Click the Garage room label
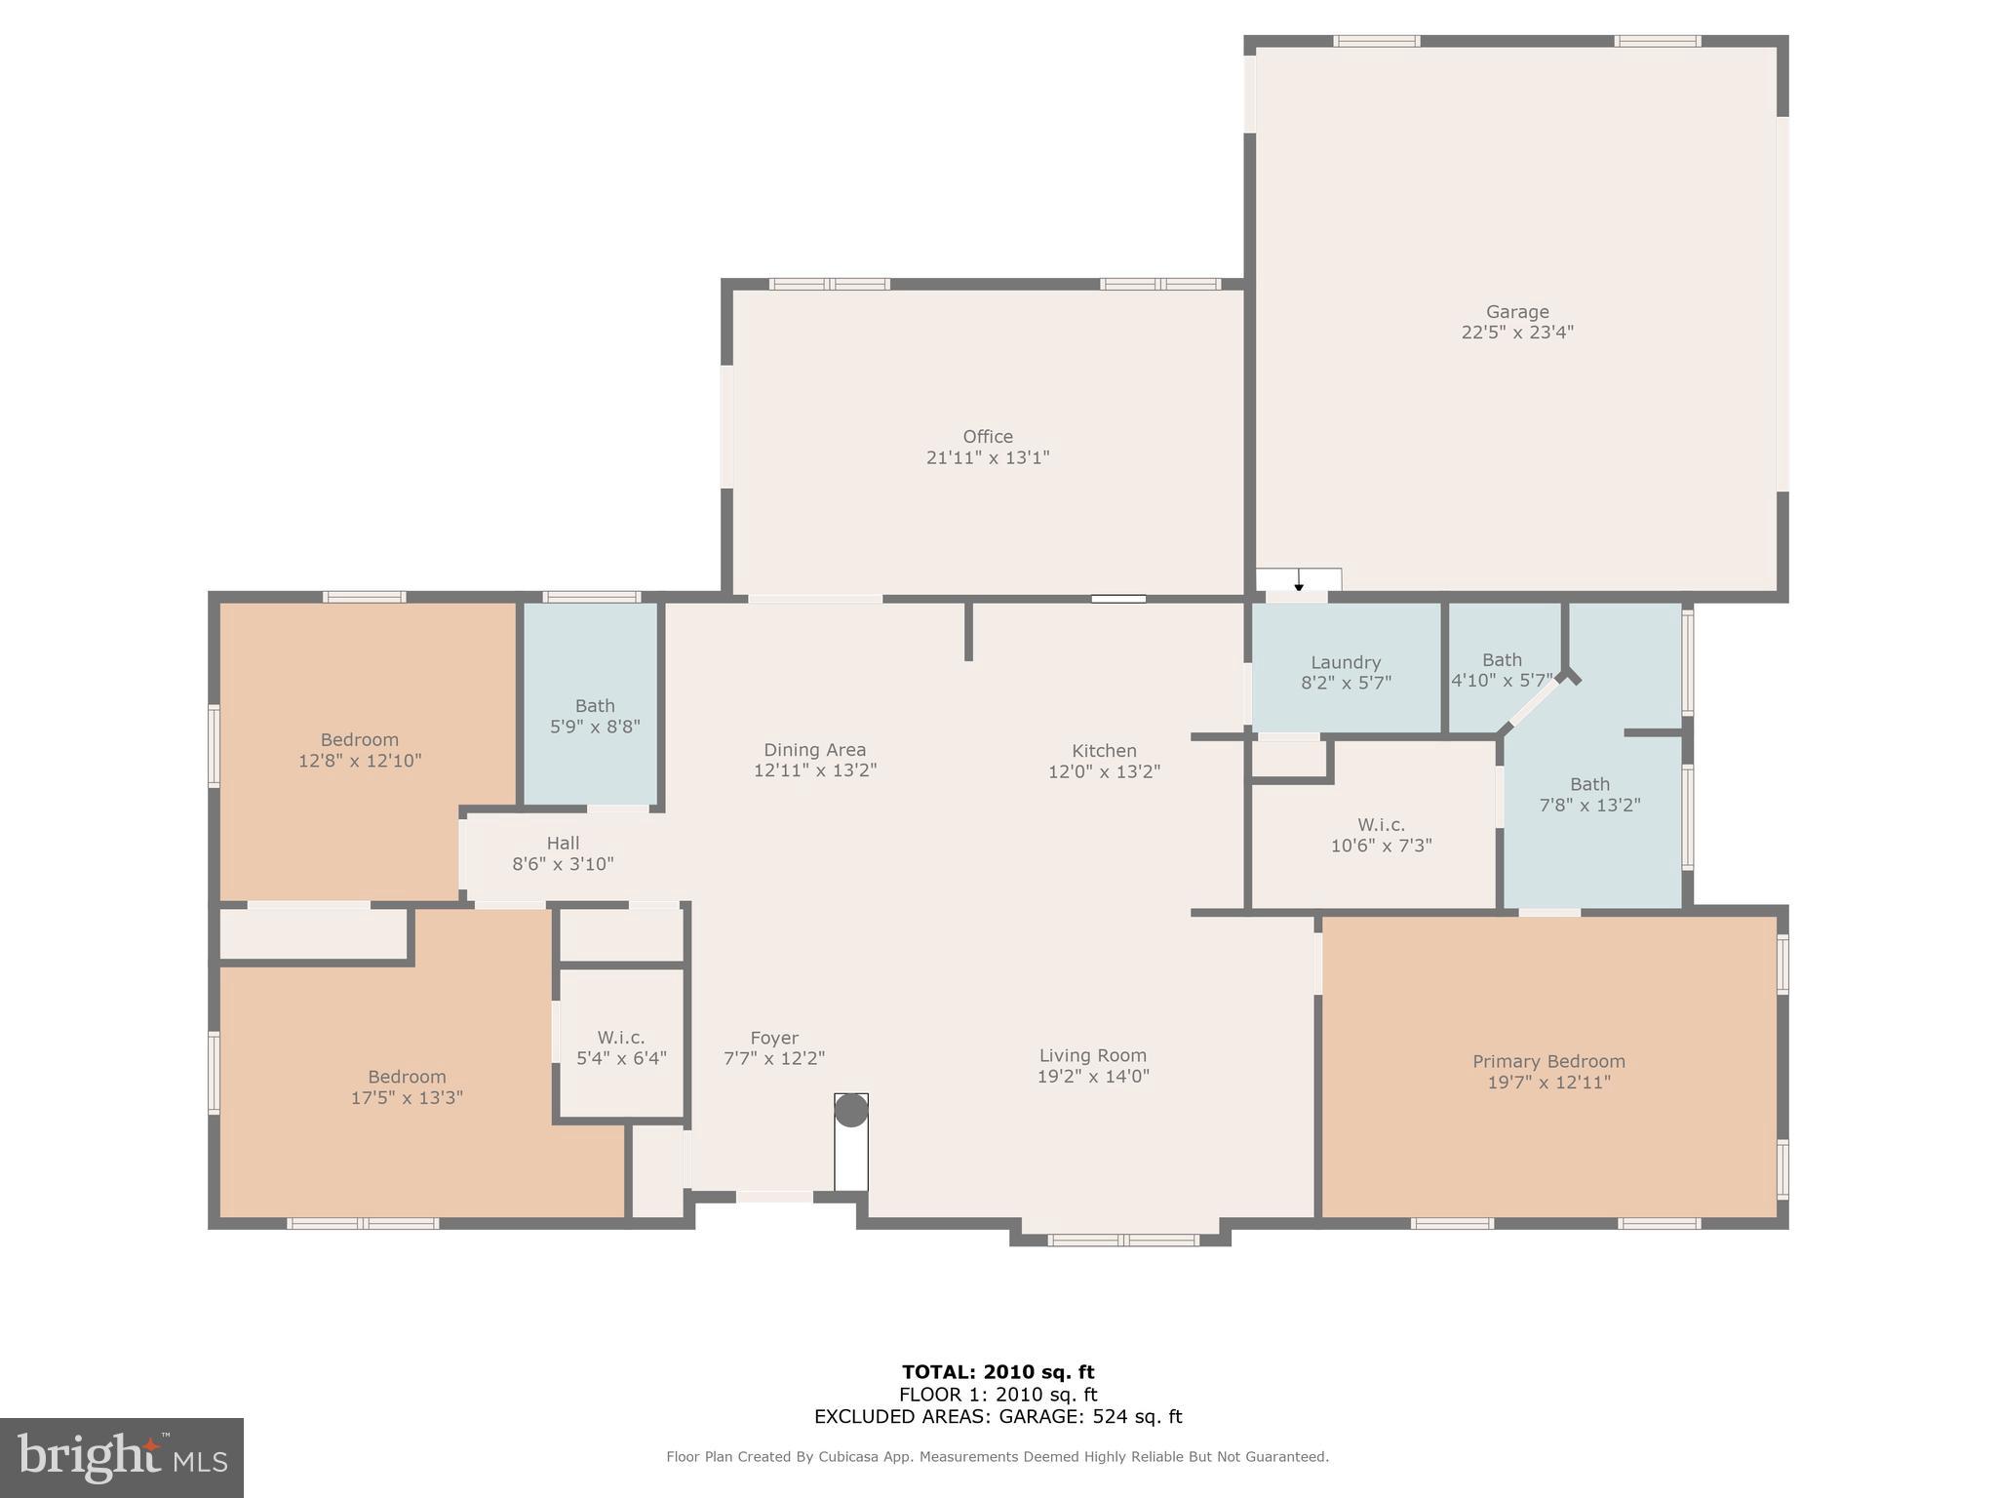pos(1516,312)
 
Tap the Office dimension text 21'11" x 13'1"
pos(987,457)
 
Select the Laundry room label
pos(1345,662)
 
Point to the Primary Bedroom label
pos(1547,1061)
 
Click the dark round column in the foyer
pos(850,1110)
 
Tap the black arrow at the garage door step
pos(1298,584)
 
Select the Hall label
pos(563,843)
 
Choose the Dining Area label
pos(814,750)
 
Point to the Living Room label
pos(1092,1055)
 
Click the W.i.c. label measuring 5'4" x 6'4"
pos(621,1038)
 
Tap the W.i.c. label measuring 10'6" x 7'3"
pos(1381,825)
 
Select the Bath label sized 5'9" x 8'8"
pos(594,705)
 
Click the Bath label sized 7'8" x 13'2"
pos(1588,784)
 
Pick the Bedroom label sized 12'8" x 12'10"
pos(359,739)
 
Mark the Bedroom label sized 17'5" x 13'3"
pos(406,1077)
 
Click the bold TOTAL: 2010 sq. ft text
pos(998,1373)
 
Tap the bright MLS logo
pos(121,1458)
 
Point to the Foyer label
pos(774,1038)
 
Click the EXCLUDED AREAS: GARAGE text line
pos(998,1417)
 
